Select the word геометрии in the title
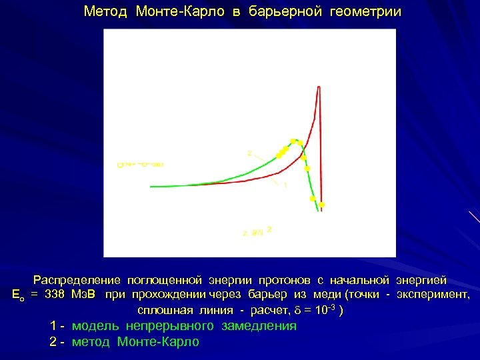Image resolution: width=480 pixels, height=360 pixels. (365, 12)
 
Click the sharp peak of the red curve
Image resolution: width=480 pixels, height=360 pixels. (319, 87)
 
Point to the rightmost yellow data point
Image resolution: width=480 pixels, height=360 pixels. (321, 205)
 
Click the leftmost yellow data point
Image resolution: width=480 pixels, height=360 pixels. (279, 155)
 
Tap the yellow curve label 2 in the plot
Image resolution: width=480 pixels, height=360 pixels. (249, 153)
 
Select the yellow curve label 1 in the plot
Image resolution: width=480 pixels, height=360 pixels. (285, 185)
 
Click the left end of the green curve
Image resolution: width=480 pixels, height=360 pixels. (151, 186)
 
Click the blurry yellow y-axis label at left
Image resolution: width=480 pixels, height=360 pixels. (140, 164)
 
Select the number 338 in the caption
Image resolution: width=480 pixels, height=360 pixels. (55, 296)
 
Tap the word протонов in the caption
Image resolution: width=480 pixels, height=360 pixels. (289, 281)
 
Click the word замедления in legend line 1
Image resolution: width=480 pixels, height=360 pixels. (257, 326)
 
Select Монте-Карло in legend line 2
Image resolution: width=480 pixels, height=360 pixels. (158, 342)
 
